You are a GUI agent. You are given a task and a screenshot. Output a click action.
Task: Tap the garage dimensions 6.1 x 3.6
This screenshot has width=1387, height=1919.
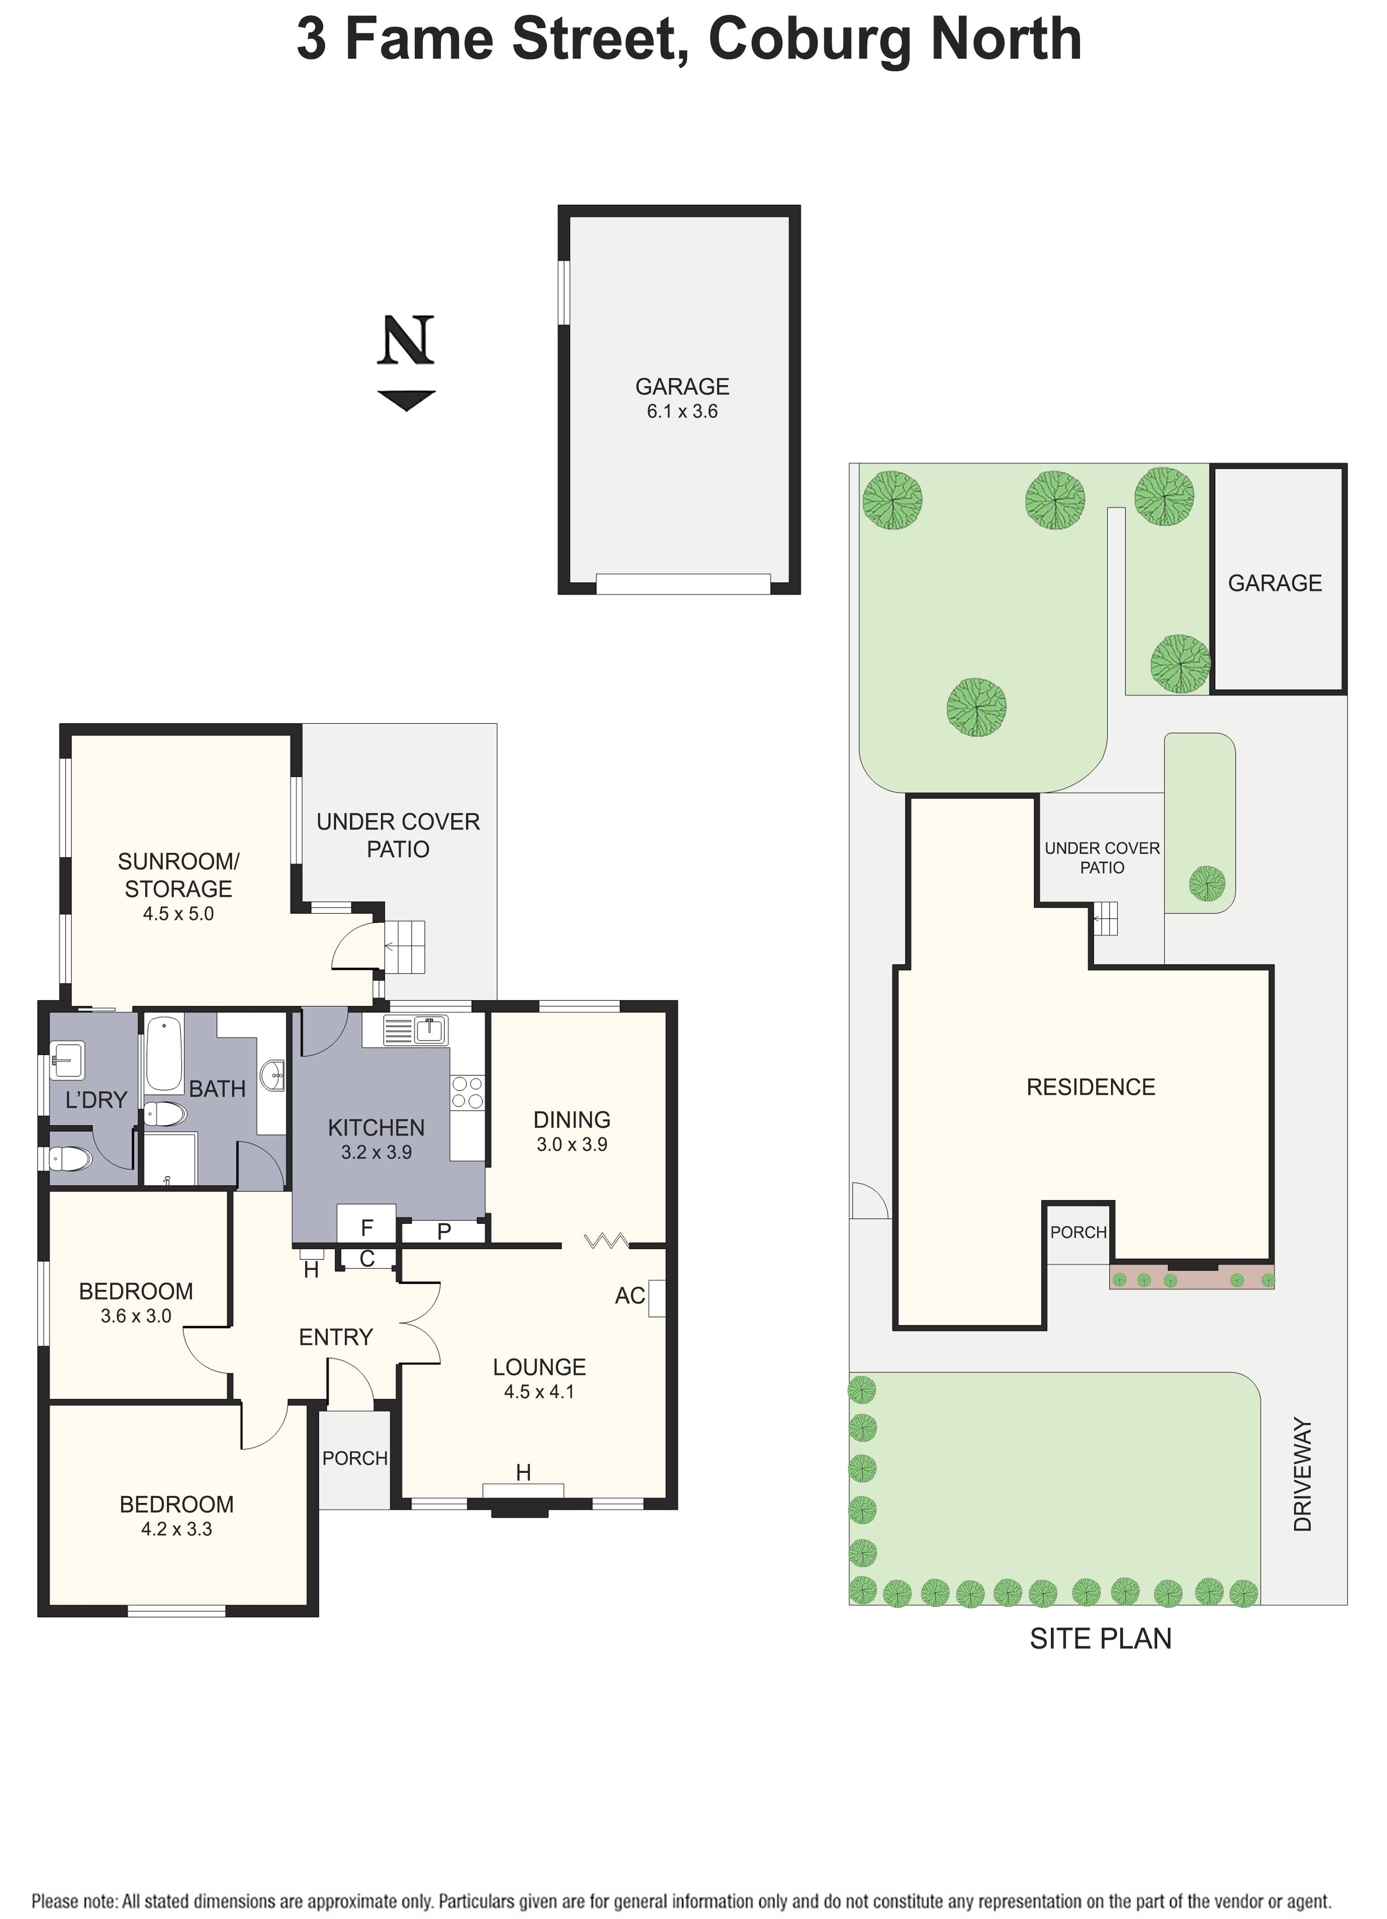pyautogui.click(x=682, y=412)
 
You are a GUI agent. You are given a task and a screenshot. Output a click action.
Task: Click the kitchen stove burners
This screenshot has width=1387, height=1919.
pyautogui.click(x=467, y=1092)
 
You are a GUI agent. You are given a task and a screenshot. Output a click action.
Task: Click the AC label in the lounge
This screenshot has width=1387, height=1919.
pyautogui.click(x=630, y=1295)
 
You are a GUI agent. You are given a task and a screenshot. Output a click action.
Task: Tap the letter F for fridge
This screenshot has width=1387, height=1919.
pyautogui.click(x=367, y=1228)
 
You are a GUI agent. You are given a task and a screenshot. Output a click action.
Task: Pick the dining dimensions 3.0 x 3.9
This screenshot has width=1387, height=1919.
pyautogui.click(x=572, y=1145)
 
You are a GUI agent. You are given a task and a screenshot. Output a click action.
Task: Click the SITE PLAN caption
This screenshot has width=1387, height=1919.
pyautogui.click(x=1100, y=1639)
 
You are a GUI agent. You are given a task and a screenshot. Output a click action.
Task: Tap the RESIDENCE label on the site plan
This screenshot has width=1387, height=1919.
pyautogui.click(x=1091, y=1087)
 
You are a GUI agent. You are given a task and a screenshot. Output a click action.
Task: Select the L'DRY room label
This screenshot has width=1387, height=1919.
pyautogui.click(x=96, y=1100)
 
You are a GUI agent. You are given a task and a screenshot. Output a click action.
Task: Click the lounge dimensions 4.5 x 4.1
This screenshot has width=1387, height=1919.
pyautogui.click(x=539, y=1392)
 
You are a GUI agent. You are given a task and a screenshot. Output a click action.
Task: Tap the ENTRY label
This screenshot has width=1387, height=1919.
pyautogui.click(x=336, y=1337)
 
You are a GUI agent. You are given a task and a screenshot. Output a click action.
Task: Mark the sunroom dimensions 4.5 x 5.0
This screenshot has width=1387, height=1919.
pyautogui.click(x=178, y=914)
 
